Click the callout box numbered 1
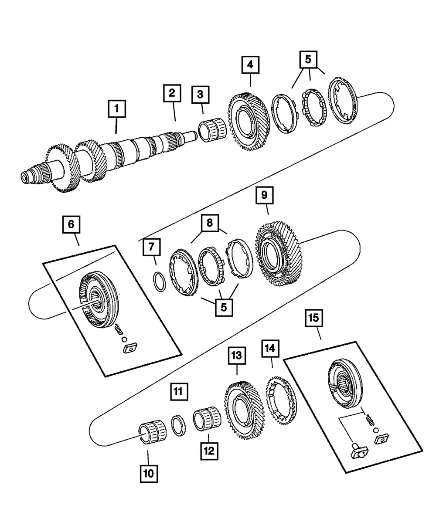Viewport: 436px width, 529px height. (116, 109)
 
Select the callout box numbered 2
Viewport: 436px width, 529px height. (172, 93)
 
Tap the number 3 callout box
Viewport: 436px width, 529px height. (200, 94)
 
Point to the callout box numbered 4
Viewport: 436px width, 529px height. (250, 65)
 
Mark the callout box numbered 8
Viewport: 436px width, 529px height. (210, 223)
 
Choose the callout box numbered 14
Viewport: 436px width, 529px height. (270, 348)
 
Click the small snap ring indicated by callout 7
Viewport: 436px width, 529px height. (160, 282)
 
